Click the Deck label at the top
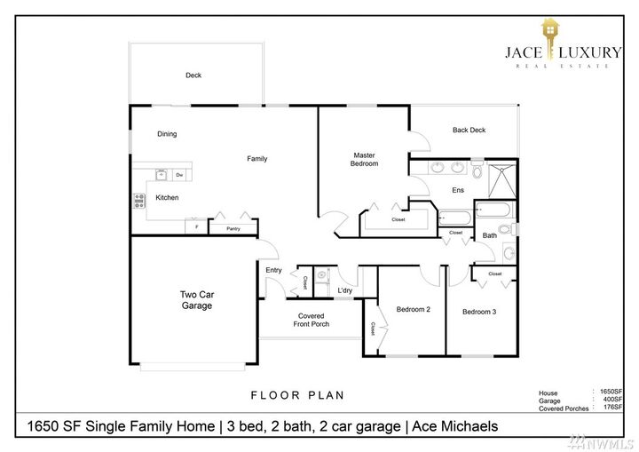tap(193, 75)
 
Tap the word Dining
tap(167, 134)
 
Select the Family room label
tap(256, 159)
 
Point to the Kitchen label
tap(167, 197)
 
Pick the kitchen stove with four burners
tap(139, 201)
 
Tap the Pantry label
tap(233, 229)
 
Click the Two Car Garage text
tap(196, 300)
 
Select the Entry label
tap(273, 270)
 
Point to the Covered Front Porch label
tap(312, 320)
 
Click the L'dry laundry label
tap(346, 290)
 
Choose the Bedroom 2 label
tap(413, 309)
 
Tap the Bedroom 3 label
tap(479, 312)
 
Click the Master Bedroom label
tap(365, 159)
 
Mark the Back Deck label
tap(469, 131)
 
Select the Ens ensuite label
tap(458, 190)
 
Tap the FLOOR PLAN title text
tap(297, 395)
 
